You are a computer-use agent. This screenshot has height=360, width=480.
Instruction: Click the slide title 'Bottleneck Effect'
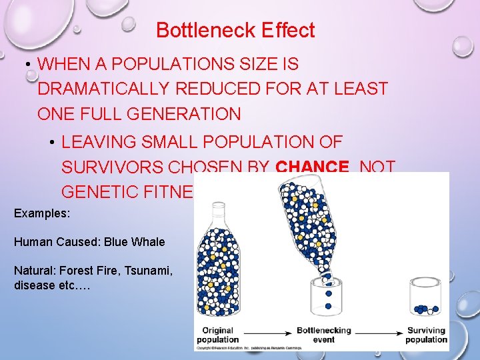pos(235,30)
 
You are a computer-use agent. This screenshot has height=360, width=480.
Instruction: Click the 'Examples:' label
pos(40,214)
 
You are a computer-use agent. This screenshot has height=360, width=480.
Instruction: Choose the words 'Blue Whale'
pos(136,242)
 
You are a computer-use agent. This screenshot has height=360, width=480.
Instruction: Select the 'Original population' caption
pos(217,335)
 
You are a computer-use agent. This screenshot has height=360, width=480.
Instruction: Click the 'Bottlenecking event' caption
pos(324,335)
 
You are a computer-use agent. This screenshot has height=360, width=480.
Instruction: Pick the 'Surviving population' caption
pos(427,335)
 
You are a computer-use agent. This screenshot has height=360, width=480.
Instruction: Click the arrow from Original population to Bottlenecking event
pos(267,331)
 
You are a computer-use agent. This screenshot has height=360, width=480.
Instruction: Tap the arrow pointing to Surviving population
pos(380,331)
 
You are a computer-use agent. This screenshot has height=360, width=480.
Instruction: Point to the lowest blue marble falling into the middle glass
pos(328,306)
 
